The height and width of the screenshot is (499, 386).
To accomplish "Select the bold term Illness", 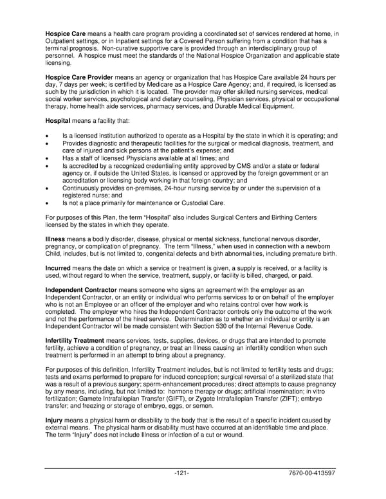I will click(55, 239).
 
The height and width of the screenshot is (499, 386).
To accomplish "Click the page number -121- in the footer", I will click(181, 473).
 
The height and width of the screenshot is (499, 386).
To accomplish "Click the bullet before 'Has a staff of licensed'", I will click(48, 158).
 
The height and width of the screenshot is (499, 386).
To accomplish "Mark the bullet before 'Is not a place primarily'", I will click(48, 202).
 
